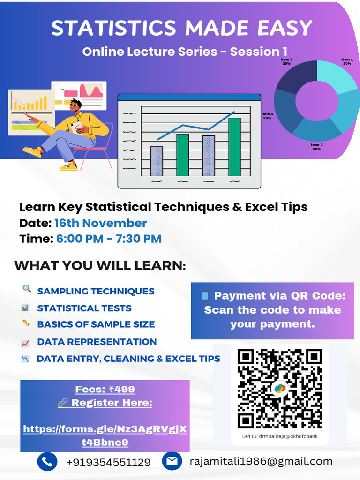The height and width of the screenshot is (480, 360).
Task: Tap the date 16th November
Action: coord(100,223)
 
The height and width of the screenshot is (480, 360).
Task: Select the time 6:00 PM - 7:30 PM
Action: coord(109,239)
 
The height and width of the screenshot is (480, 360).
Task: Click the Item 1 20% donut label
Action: coord(347,61)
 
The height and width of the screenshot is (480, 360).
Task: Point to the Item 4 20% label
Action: coord(267,116)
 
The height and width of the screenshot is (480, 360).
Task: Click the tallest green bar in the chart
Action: coord(234,147)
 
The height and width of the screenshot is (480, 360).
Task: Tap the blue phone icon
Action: coord(47,462)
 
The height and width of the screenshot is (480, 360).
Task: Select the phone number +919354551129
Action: coord(109,462)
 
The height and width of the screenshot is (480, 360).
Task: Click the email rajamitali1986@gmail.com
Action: coord(261,461)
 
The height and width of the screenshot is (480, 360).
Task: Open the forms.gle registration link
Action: coord(105,435)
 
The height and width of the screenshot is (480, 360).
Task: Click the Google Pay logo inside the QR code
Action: coord(280,388)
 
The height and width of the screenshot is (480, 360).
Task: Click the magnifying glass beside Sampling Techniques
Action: coord(27,289)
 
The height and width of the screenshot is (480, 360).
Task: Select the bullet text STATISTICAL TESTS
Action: coord(84,308)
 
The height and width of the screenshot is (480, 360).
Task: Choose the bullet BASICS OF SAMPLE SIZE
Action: coord(96,324)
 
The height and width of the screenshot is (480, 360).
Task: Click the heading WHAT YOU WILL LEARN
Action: coord(100,265)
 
